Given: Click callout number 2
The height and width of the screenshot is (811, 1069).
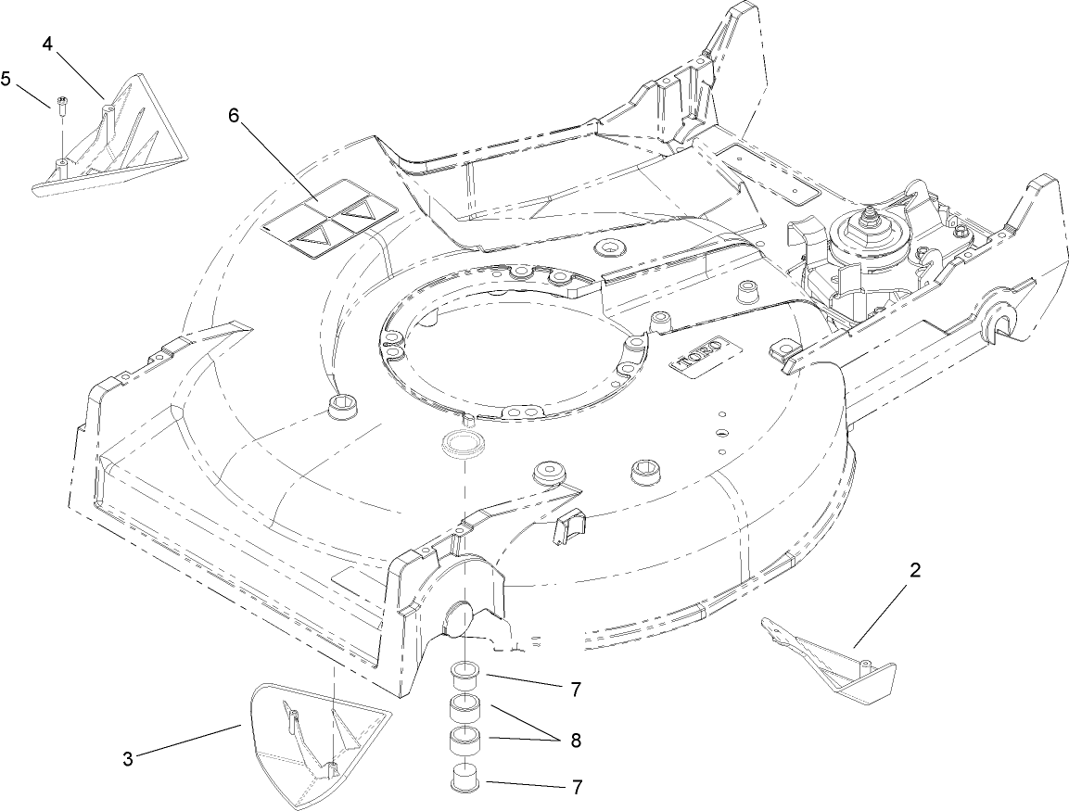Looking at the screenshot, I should [x=915, y=571].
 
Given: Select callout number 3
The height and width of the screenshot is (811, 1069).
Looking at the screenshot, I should [x=128, y=759].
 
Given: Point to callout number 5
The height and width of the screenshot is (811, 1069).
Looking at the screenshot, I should [x=6, y=79].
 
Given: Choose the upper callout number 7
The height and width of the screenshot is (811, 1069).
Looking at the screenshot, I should [x=576, y=690].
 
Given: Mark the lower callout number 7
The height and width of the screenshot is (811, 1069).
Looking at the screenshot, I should [x=577, y=787].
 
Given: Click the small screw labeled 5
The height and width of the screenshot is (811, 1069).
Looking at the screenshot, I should [x=60, y=105].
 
